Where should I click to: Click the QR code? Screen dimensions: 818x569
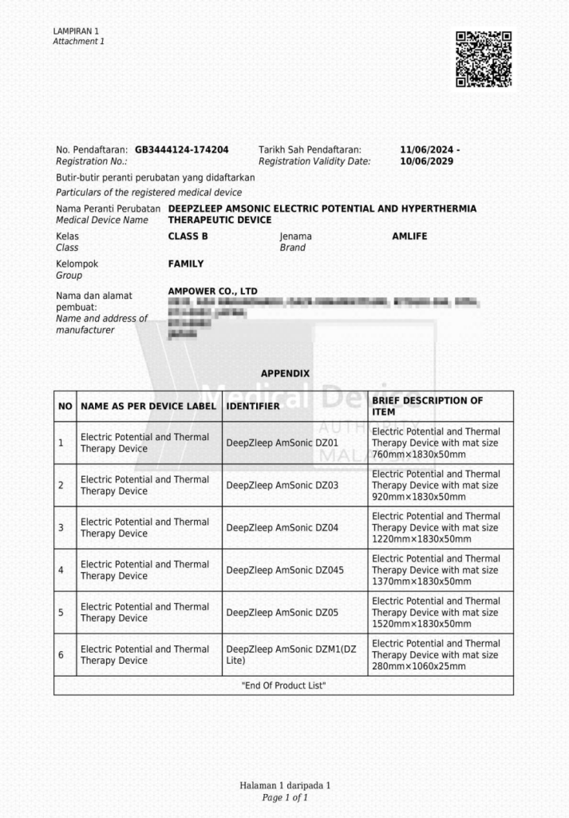(483, 59)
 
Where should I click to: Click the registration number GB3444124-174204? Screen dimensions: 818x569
(182, 149)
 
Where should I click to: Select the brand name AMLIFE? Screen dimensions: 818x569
(412, 236)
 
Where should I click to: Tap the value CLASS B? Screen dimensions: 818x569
(188, 236)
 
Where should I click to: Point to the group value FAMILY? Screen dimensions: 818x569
(185, 264)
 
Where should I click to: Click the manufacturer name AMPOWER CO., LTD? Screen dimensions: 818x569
(212, 291)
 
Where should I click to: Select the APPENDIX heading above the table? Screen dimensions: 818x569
(285, 374)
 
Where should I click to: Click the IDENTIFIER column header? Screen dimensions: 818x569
(253, 407)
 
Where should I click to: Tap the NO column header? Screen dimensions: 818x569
(65, 407)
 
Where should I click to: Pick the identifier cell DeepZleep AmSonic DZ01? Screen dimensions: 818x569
(283, 443)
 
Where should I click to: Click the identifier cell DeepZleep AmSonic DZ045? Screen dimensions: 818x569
(285, 570)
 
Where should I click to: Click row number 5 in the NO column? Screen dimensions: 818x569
(61, 613)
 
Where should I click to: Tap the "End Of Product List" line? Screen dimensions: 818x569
(284, 686)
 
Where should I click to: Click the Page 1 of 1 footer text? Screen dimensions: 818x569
(285, 797)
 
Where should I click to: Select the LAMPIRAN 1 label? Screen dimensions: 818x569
(76, 31)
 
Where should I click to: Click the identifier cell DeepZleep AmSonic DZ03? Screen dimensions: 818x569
(283, 485)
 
